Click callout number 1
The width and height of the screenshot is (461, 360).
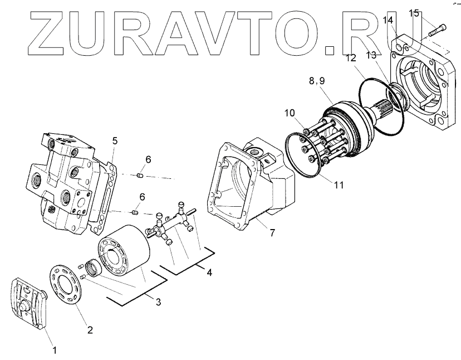coord(54,351)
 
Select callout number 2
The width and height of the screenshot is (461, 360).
coord(90,329)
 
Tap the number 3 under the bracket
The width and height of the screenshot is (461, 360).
coord(158,302)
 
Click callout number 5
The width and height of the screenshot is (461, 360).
coord(114,140)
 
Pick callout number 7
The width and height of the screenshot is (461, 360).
coord(272,232)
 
